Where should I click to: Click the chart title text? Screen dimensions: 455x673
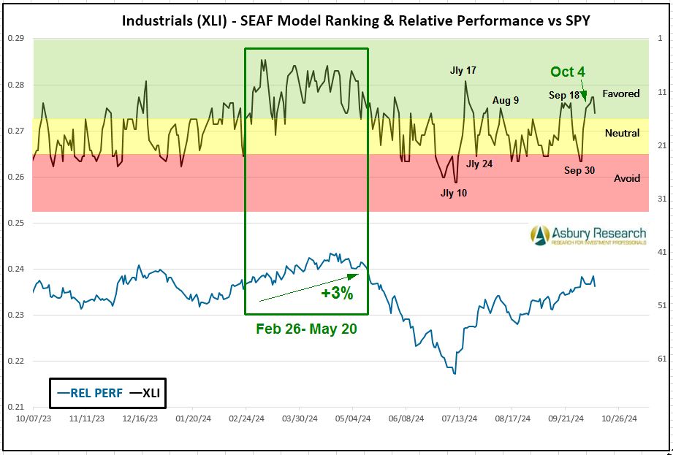tap(356, 20)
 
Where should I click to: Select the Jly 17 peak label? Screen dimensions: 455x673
tap(463, 71)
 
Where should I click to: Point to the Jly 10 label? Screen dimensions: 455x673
tap(453, 194)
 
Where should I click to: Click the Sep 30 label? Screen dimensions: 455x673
tap(579, 170)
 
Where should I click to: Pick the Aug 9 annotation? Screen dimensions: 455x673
tap(506, 101)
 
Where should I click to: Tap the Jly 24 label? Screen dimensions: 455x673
tap(479, 164)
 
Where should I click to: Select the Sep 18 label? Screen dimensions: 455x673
tap(564, 95)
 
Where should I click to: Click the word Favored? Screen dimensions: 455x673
tap(621, 93)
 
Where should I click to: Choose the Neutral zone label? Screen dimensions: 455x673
tap(622, 133)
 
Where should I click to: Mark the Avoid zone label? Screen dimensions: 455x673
tap(626, 178)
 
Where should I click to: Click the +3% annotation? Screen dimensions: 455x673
tap(337, 294)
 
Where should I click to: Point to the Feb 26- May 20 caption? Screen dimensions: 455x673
tap(306, 329)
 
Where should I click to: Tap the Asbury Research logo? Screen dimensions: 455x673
tap(588, 235)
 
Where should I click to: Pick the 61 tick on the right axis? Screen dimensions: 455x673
tap(660, 359)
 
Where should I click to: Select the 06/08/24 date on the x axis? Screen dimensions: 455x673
tap(406, 419)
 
